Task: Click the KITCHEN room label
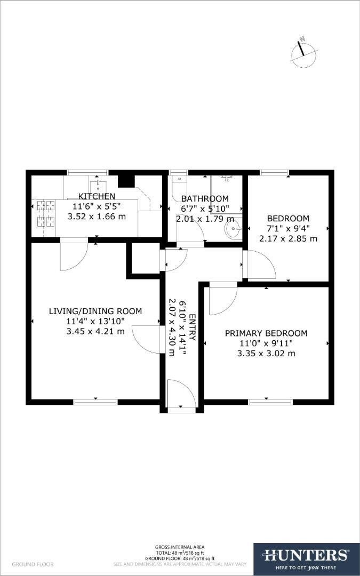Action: pyautogui.click(x=97, y=197)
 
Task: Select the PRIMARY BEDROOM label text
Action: pyautogui.click(x=266, y=333)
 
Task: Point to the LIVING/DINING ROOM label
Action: pyautogui.click(x=95, y=311)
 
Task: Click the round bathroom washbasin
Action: pyautogui.click(x=233, y=230)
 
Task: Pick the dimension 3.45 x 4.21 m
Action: pyautogui.click(x=95, y=331)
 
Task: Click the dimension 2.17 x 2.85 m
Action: pyautogui.click(x=288, y=238)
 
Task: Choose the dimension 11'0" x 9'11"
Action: pyautogui.click(x=266, y=343)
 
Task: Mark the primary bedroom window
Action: pyautogui.click(x=270, y=401)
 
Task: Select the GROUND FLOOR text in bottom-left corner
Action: pyautogui.click(x=33, y=564)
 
